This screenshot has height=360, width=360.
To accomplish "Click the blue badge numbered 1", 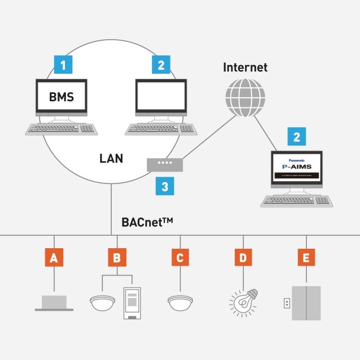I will pos(63,65).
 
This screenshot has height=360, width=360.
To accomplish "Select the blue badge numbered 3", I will pos(164,186).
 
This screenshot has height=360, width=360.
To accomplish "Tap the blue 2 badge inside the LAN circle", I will pos(161,65).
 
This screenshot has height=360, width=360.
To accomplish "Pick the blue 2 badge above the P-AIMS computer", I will pos(297,136).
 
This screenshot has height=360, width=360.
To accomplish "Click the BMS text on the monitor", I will pos(61,96).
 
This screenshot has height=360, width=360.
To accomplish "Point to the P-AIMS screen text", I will pos(297,166).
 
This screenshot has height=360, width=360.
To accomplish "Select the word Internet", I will pos(245,68).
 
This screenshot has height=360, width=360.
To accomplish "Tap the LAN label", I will pos(111,158).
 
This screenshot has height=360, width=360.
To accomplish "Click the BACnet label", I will pos(147,222).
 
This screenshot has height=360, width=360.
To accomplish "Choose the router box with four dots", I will pos(164,164).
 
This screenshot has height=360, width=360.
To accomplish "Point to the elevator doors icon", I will pos(306,303).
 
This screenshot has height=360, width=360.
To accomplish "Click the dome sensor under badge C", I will pos(180,302).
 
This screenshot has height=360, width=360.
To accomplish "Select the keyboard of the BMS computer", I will pos(61,129).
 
